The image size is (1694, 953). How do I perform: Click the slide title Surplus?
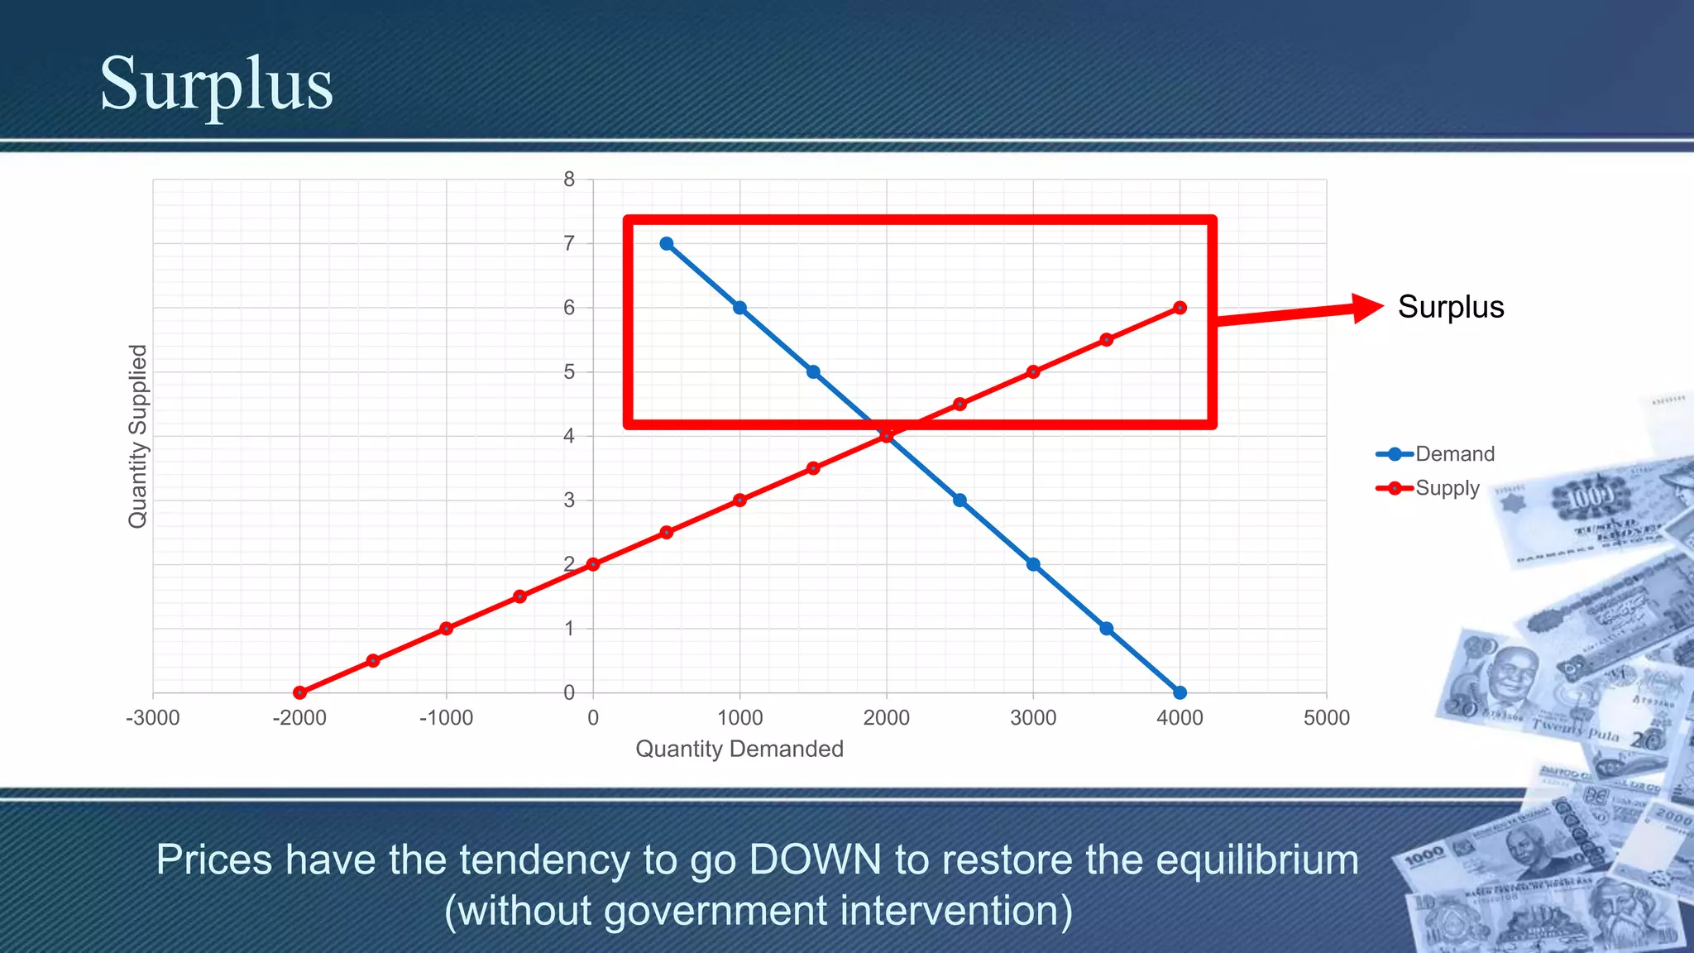click(216, 84)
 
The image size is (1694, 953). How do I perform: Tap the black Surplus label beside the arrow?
click(1450, 307)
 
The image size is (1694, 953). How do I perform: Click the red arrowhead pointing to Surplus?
click(1366, 308)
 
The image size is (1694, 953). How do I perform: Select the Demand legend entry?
click(1454, 453)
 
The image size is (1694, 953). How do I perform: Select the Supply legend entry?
click(1447, 488)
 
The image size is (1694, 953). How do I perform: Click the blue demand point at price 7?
click(667, 243)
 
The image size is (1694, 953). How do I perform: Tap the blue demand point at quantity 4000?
click(1180, 692)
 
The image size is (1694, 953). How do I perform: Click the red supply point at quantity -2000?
click(299, 692)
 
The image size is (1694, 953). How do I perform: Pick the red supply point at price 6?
click(1180, 308)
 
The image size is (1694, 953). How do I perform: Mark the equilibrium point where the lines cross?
click(887, 436)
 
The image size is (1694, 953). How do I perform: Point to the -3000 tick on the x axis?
click(153, 717)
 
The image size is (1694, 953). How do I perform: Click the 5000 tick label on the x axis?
click(1326, 717)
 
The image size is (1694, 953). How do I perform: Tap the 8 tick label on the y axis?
click(569, 180)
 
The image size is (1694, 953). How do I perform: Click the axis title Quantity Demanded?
click(739, 749)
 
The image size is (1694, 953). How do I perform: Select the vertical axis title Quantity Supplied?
click(137, 436)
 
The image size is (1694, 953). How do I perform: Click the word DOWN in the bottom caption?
click(815, 860)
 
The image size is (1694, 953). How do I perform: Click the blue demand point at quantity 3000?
click(1033, 564)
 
